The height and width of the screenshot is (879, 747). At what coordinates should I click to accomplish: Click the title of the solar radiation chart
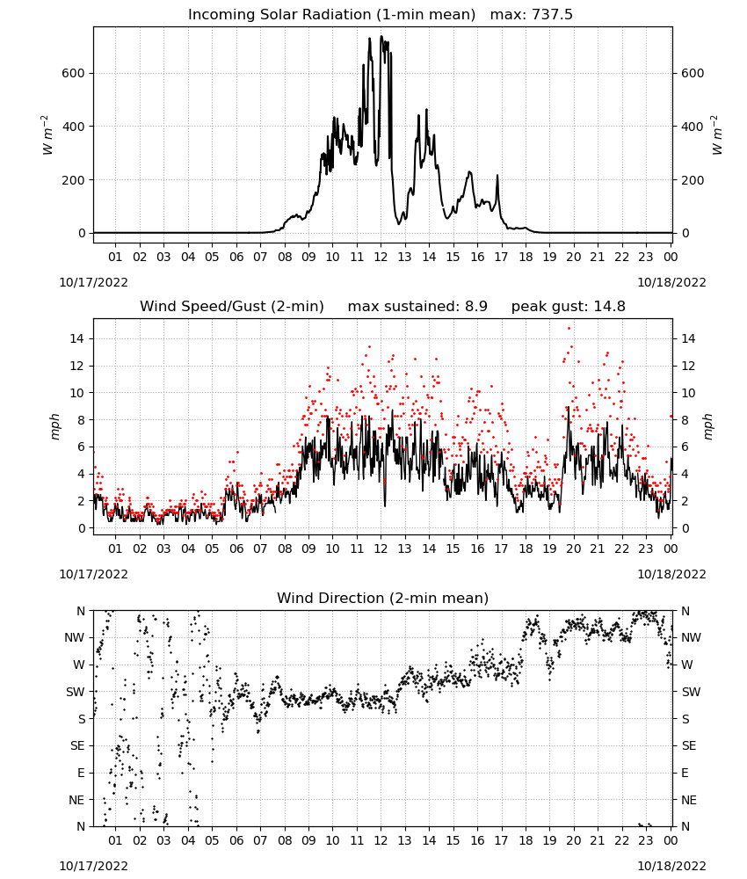(331, 15)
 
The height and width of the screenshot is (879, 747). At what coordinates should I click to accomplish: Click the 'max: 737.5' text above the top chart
(532, 15)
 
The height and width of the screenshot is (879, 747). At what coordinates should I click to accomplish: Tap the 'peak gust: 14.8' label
(569, 307)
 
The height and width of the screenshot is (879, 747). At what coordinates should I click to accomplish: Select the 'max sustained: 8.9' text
(417, 307)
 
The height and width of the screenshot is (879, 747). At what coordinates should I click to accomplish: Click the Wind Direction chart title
(383, 598)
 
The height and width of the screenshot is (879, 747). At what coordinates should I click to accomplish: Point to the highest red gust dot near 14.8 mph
(569, 329)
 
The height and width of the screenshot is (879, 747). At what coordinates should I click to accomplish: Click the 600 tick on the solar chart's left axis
(74, 74)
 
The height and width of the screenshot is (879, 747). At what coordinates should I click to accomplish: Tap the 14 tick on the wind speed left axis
(77, 338)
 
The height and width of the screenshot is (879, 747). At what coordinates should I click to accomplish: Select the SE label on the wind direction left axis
(77, 745)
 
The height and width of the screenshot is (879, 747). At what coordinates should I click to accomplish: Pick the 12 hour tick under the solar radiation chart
(381, 258)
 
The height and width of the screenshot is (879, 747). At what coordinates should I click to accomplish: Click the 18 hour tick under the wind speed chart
(526, 548)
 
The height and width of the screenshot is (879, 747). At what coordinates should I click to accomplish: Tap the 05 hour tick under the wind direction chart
(212, 841)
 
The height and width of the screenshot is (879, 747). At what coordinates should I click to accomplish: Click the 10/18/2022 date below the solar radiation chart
(671, 282)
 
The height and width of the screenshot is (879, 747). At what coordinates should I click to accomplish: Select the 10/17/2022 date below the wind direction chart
(93, 866)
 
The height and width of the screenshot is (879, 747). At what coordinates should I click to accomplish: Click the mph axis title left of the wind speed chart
(54, 426)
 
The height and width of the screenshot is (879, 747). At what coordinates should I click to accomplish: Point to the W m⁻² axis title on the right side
(717, 135)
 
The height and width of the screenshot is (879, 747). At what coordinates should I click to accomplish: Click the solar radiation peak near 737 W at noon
(381, 37)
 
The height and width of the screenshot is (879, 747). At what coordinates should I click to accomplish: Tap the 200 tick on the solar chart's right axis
(693, 180)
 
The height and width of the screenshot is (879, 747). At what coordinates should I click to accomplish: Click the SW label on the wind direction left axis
(76, 692)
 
